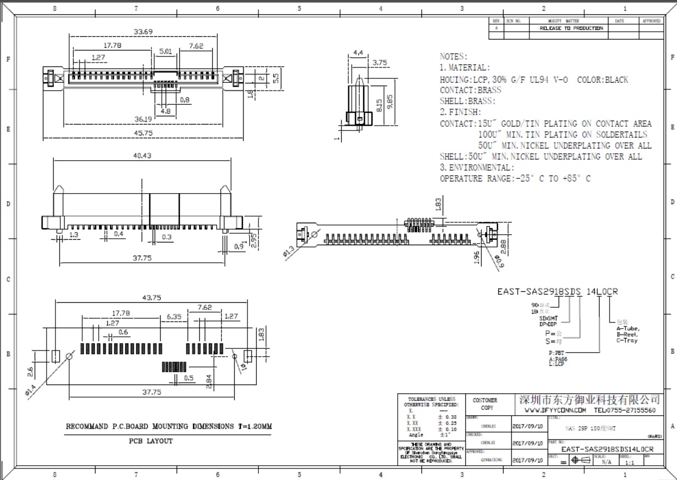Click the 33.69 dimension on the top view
click(x=145, y=32)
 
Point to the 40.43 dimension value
click(x=142, y=156)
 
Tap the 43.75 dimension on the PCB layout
click(x=151, y=298)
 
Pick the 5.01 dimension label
click(x=166, y=51)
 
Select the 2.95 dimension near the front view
click(x=254, y=241)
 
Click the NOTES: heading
click(x=454, y=57)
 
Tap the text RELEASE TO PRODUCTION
click(x=571, y=28)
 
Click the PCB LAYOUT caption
click(x=151, y=441)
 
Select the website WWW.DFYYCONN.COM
click(x=555, y=410)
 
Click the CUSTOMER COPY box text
click(x=485, y=404)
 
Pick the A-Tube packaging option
click(x=628, y=328)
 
